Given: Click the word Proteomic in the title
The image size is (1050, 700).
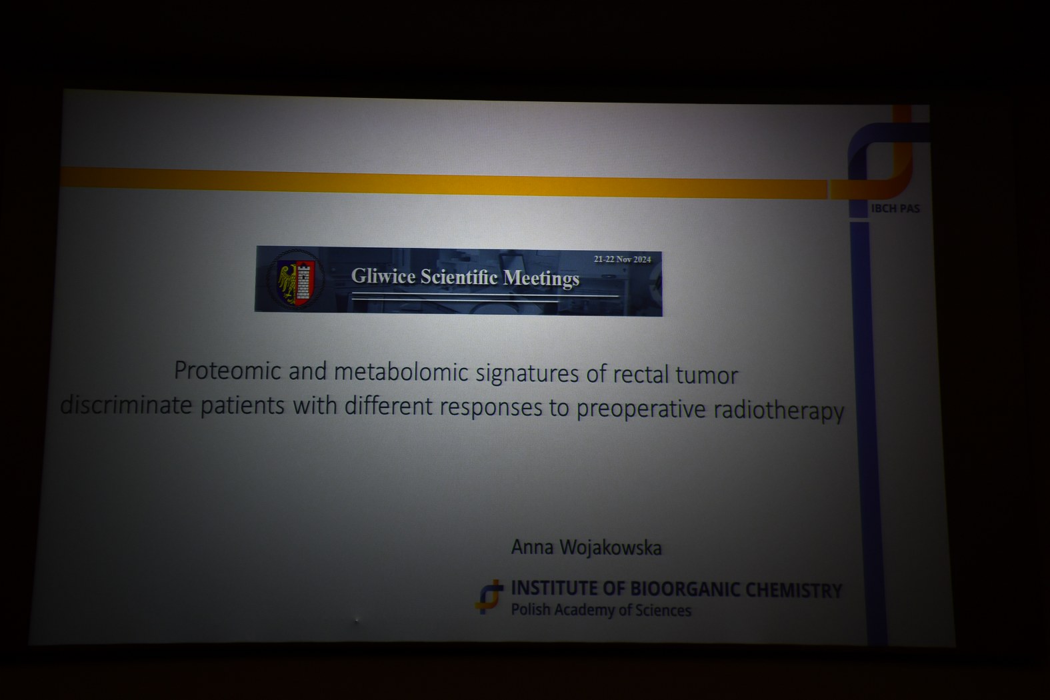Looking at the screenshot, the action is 227,371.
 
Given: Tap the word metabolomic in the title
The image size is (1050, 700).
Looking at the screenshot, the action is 401,372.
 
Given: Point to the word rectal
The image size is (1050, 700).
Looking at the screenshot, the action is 640,374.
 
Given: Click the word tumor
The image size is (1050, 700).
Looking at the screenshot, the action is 707,375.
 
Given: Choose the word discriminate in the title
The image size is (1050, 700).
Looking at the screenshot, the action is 126,404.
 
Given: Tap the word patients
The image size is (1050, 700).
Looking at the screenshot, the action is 243,405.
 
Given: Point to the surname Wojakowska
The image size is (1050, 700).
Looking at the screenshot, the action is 611,547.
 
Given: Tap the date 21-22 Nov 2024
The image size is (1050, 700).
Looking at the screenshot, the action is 623,259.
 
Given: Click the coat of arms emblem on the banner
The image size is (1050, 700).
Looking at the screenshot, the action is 296,279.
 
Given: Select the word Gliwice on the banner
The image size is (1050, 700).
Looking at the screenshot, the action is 383,275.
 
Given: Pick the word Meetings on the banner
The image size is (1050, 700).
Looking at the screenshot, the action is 541,278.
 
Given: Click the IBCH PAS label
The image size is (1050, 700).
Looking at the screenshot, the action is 895,209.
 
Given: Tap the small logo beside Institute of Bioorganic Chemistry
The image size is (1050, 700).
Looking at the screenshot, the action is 489,597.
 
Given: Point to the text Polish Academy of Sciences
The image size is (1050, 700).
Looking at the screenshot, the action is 601,610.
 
